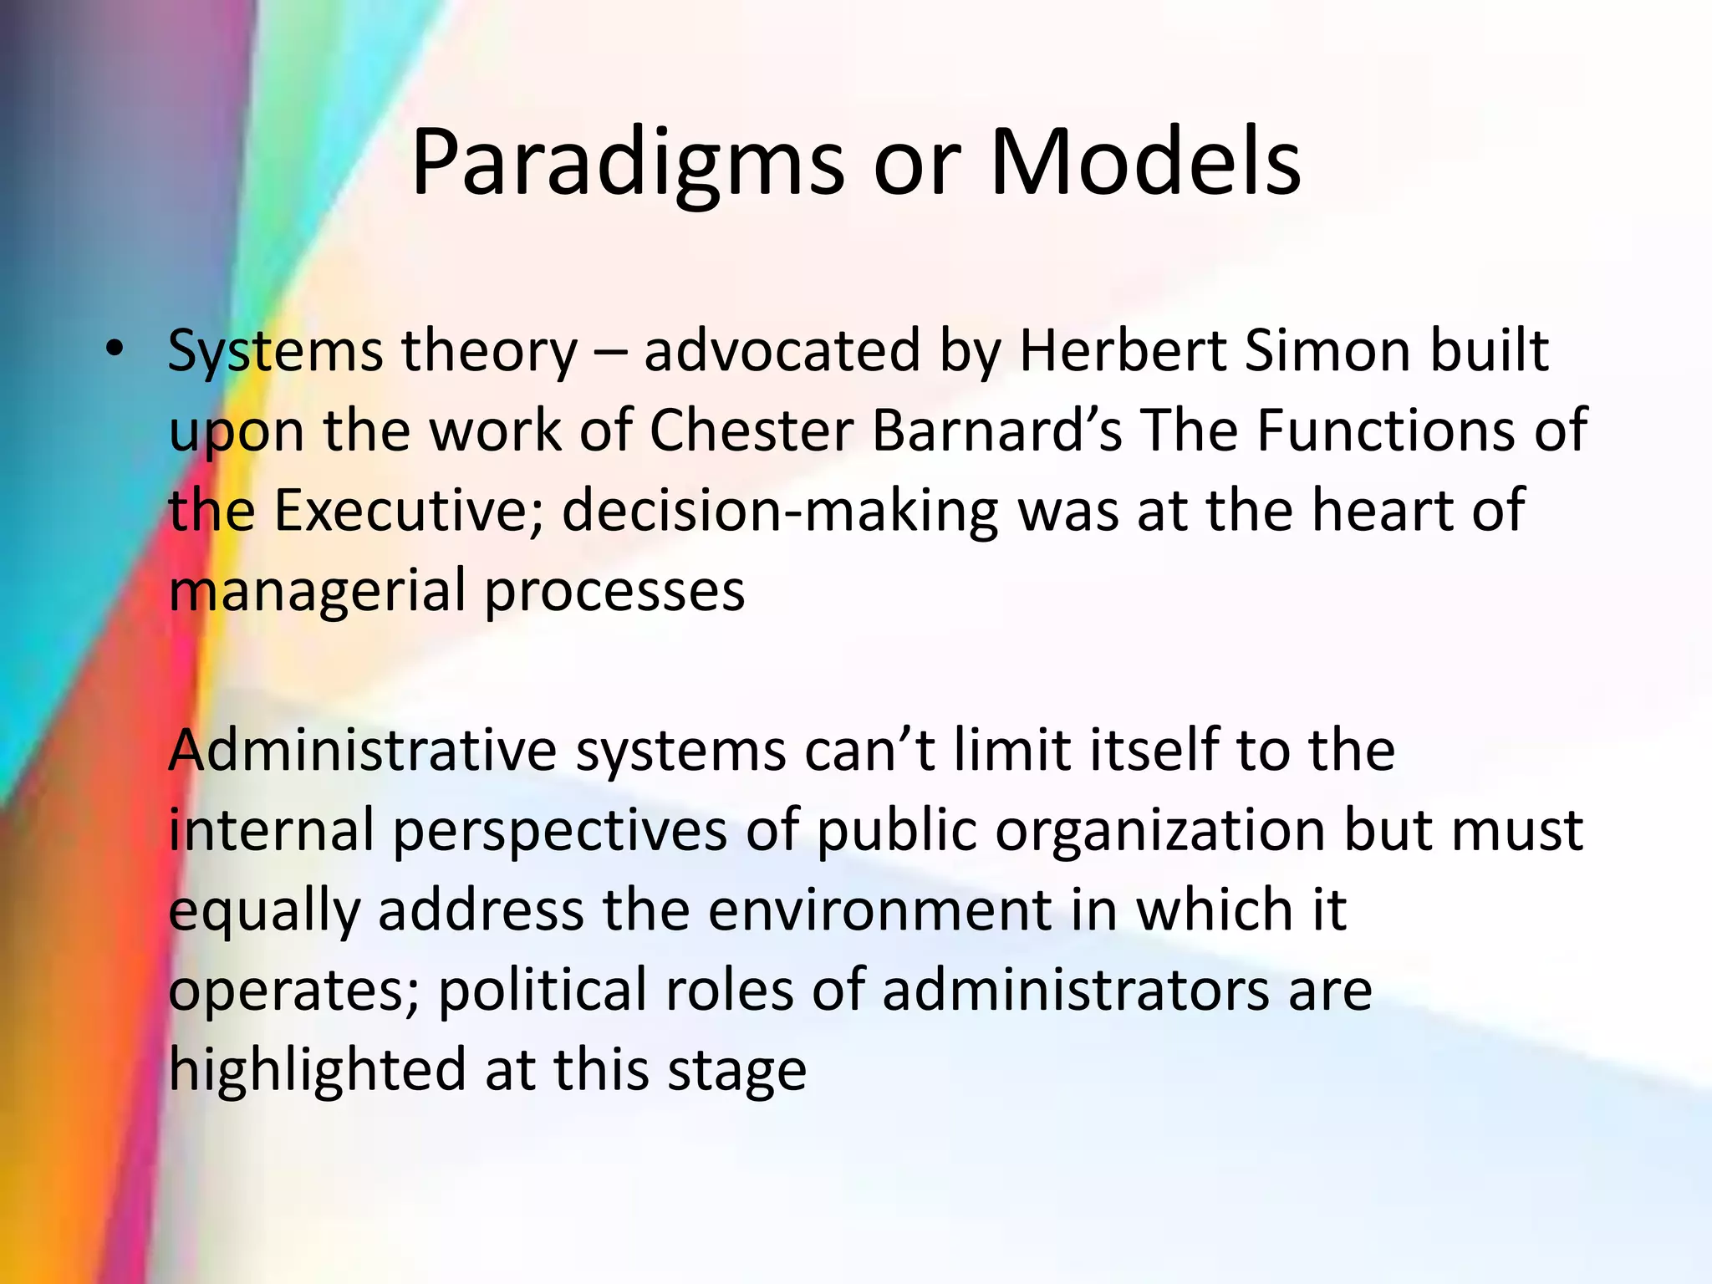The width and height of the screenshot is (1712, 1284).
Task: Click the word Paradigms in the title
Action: [627, 163]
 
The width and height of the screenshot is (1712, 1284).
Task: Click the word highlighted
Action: [317, 1070]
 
